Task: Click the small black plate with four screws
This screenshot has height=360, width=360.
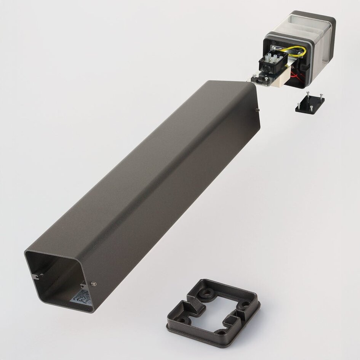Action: coord(310,103)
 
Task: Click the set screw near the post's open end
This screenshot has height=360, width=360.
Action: coord(94,284)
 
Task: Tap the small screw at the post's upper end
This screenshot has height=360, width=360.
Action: coord(258,110)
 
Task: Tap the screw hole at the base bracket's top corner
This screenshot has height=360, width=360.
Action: coord(208,292)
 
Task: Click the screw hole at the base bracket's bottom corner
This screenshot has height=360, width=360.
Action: coord(221,332)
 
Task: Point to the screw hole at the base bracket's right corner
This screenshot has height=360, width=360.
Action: coord(246,304)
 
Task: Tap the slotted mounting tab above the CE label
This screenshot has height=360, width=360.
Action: coord(83,284)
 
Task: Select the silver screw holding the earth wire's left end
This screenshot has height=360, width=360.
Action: coord(274,48)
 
